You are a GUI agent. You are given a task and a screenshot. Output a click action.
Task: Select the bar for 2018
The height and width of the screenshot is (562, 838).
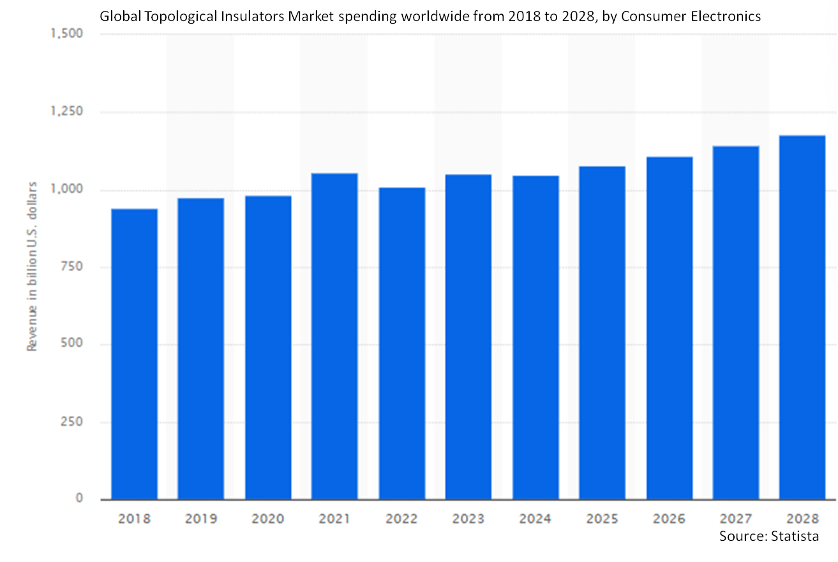tap(135, 354)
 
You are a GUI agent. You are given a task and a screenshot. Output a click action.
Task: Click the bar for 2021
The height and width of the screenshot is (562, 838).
tap(334, 336)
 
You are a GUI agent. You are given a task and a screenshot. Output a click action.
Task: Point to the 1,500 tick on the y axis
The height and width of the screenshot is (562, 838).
tap(66, 33)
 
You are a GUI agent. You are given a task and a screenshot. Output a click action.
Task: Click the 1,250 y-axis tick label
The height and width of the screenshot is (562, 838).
tap(66, 112)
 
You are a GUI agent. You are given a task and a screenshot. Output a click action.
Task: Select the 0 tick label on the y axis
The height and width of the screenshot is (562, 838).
tap(79, 498)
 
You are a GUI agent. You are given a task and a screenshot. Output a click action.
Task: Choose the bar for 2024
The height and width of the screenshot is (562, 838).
tap(535, 337)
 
